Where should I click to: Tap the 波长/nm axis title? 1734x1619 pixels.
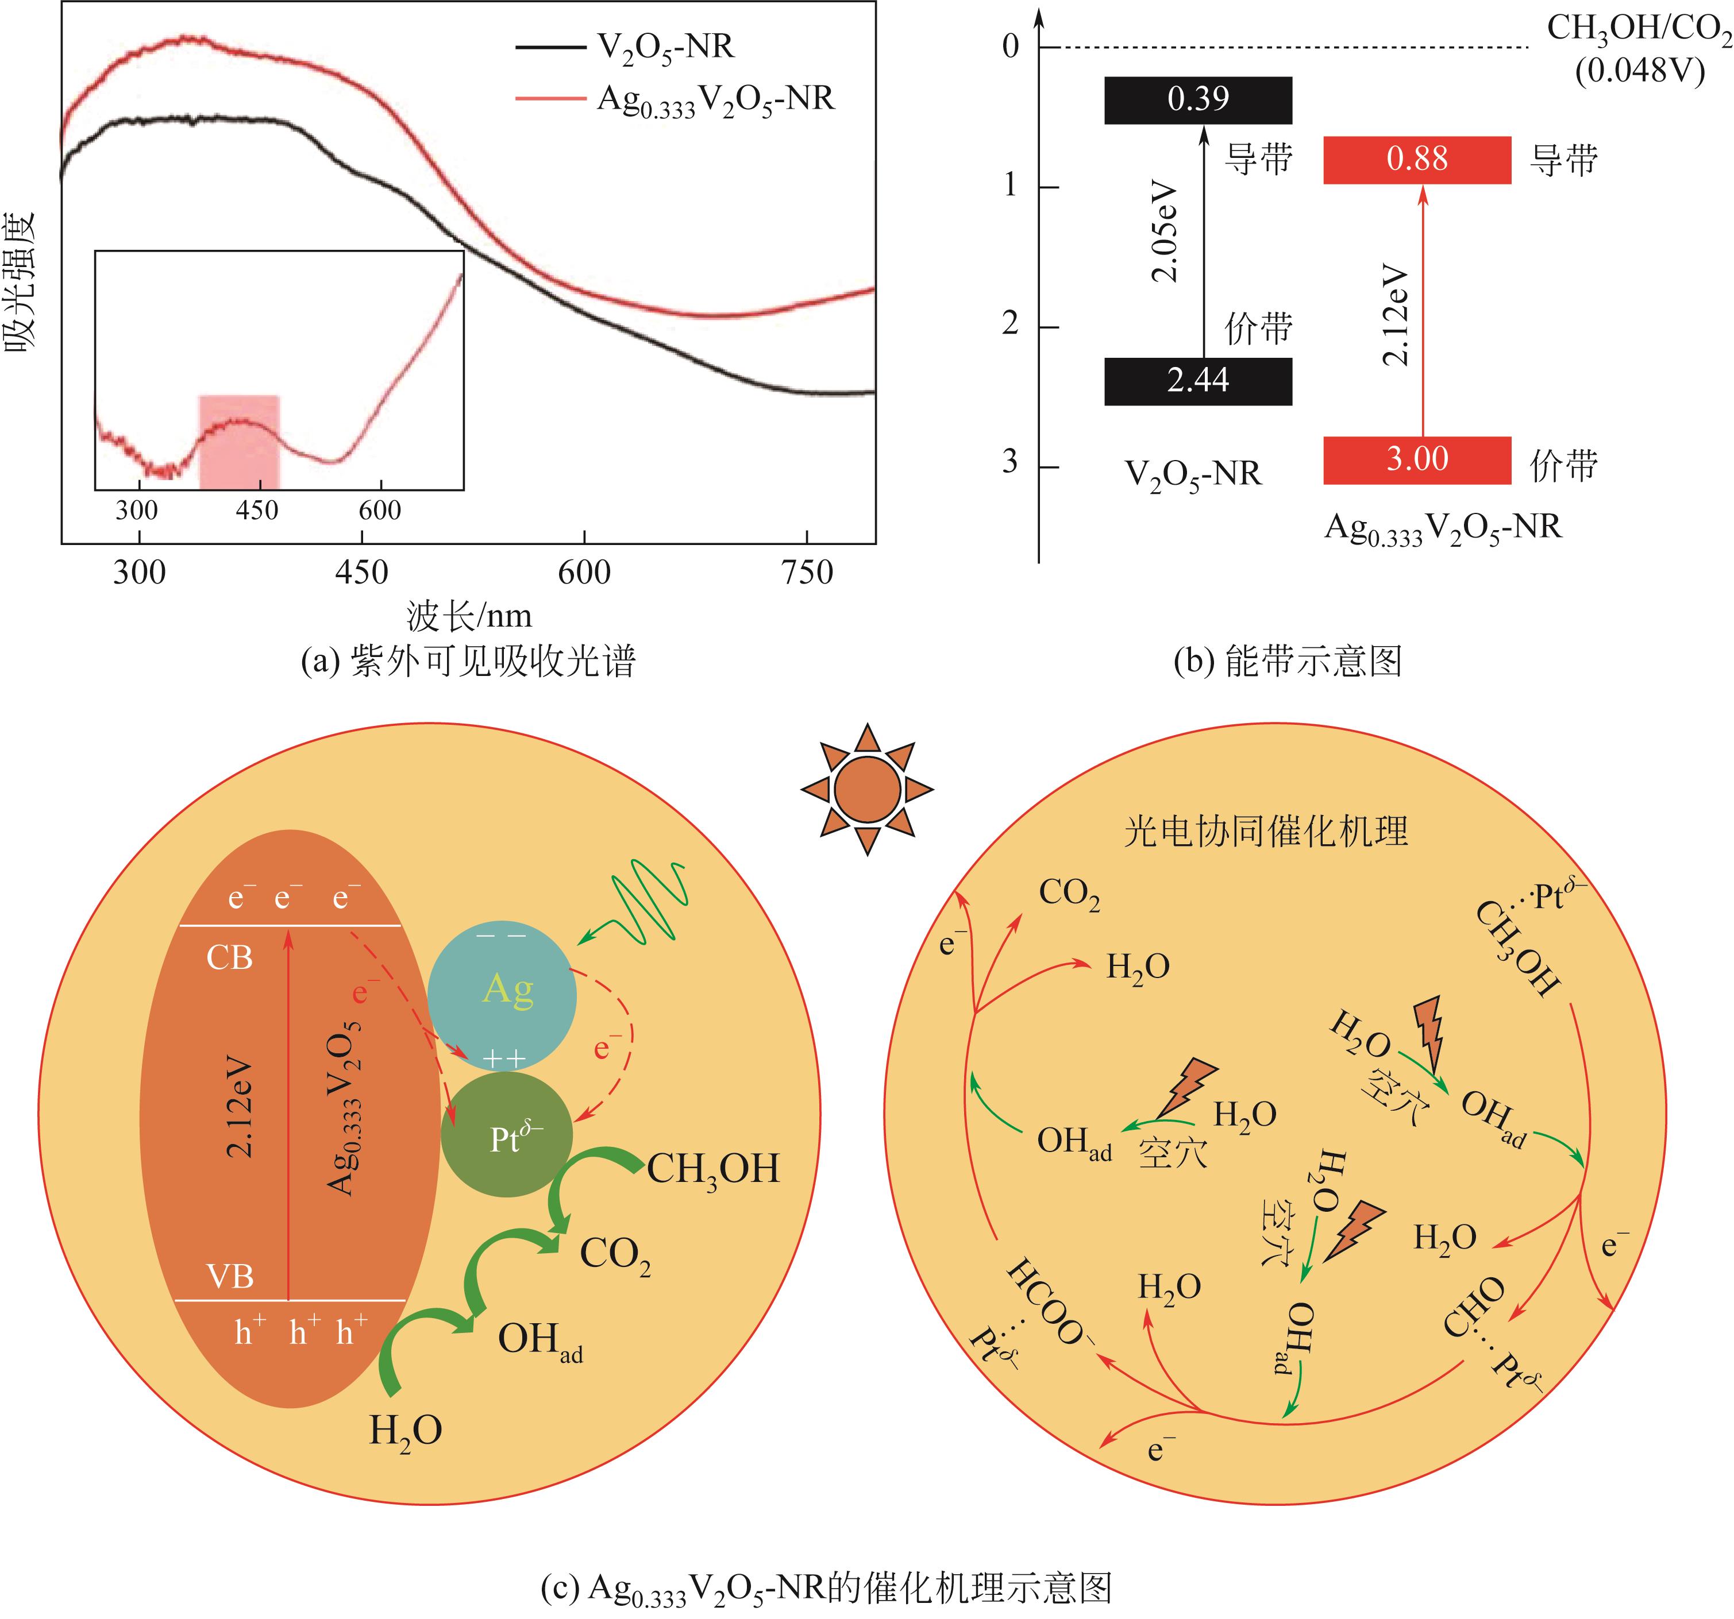(469, 616)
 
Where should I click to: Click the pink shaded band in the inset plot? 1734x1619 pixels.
(239, 442)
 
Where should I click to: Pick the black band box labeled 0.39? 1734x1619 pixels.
(1197, 99)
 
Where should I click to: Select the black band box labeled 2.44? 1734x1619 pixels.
(1197, 381)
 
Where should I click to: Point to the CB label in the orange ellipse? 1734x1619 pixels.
(229, 958)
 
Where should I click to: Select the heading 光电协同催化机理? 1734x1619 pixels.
(1265, 831)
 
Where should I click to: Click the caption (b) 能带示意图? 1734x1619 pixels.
(1288, 661)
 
